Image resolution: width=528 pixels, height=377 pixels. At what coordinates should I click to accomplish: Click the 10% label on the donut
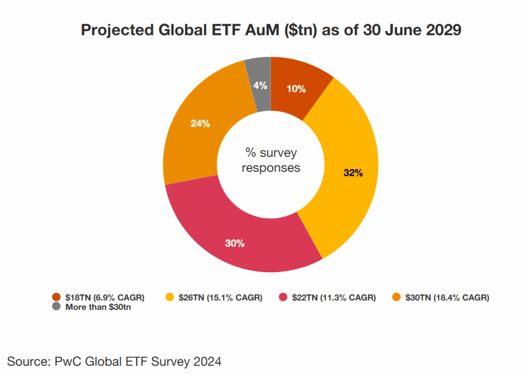tap(296, 89)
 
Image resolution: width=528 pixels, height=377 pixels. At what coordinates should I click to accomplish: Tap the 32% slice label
tap(353, 173)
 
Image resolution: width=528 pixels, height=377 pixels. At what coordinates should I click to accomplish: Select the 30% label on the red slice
tap(235, 243)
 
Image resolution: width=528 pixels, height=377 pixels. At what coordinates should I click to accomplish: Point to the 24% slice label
tap(200, 124)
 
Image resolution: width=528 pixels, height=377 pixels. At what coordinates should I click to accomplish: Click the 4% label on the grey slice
tap(260, 86)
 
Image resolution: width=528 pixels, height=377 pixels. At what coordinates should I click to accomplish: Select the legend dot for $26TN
tap(169, 297)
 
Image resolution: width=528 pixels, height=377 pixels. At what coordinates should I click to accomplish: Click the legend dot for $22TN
tap(283, 297)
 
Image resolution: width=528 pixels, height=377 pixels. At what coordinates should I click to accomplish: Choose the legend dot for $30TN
tap(395, 297)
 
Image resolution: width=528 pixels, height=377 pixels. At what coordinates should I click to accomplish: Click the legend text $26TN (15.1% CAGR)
tap(221, 297)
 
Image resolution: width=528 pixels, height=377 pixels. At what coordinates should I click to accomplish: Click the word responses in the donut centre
tap(271, 168)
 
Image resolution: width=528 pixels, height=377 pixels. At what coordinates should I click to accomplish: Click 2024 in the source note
tap(207, 362)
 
